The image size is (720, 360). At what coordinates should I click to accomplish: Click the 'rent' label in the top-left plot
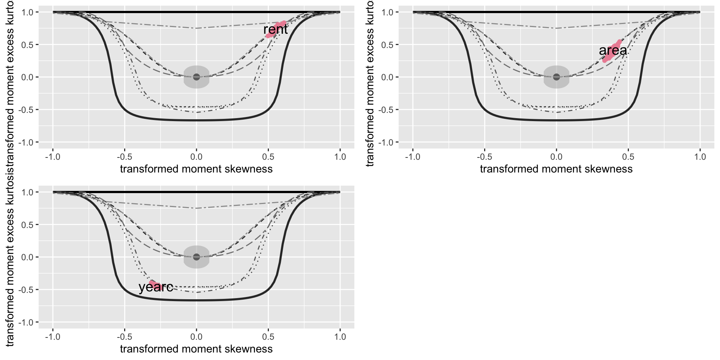[x=276, y=29]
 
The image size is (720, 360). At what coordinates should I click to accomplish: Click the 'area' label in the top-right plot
[x=613, y=50]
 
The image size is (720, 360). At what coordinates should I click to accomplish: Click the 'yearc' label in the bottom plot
[x=156, y=287]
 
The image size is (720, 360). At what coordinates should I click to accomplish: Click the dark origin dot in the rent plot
[x=196, y=77]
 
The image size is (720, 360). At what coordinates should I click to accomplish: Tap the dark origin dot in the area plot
[x=556, y=77]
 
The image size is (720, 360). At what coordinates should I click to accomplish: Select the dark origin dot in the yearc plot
[x=196, y=257]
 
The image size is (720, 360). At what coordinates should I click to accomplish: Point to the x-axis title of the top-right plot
[x=556, y=169]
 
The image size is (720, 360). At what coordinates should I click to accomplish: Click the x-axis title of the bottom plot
[x=196, y=349]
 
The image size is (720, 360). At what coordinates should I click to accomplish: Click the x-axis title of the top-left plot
[x=196, y=169]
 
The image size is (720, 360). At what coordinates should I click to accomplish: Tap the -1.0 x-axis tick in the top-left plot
[x=52, y=157]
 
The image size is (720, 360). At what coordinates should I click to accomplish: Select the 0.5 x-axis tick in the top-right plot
[x=628, y=157]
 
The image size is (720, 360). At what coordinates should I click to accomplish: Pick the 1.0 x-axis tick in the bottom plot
[x=340, y=337]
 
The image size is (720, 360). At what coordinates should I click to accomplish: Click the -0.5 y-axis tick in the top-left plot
[x=27, y=109]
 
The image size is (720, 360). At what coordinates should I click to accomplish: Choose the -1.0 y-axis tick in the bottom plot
[x=27, y=322]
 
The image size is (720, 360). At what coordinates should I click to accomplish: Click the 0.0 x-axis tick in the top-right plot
[x=556, y=157]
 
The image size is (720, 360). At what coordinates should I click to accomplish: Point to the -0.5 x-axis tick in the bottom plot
[x=124, y=337]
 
